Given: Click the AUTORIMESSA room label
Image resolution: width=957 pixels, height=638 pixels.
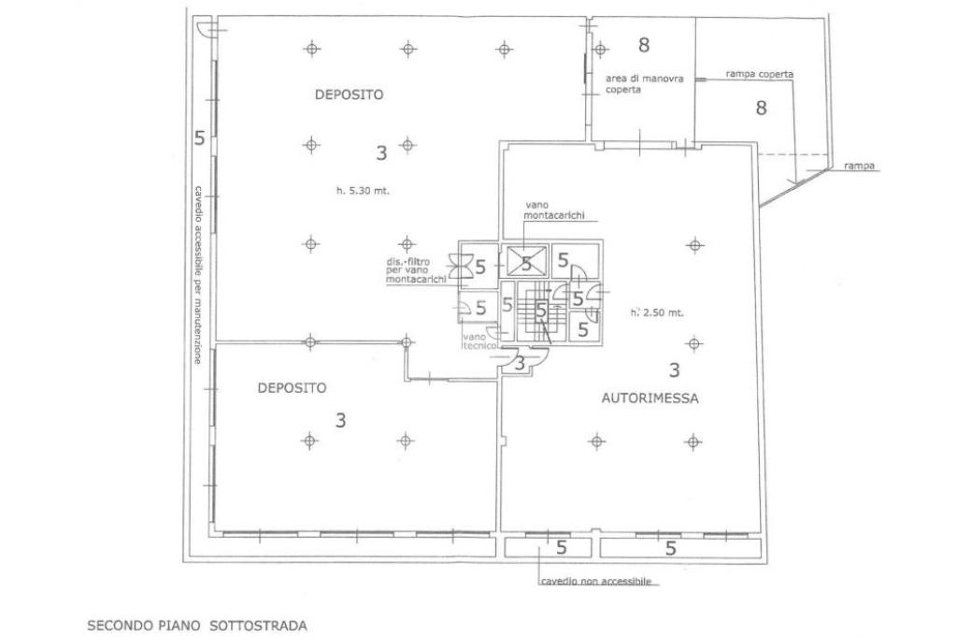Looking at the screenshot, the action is coord(650,398).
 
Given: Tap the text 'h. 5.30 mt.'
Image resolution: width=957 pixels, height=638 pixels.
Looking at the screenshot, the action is coord(363,191).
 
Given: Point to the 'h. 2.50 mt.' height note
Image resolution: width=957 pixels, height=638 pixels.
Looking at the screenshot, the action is coord(656,312).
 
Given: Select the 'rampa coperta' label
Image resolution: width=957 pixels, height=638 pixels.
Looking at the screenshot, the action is coord(760,73).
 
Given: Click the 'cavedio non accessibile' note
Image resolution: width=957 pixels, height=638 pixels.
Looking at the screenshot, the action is coord(595,581).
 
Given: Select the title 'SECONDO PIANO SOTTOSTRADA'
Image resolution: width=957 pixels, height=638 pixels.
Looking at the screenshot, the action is coord(197,623).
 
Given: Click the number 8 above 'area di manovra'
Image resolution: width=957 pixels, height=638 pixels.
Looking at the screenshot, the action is coord(643,44).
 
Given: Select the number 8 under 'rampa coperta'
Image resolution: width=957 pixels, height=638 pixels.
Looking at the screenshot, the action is coord(761,108).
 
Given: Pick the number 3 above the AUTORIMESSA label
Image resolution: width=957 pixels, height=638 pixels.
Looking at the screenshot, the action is coord(674,370).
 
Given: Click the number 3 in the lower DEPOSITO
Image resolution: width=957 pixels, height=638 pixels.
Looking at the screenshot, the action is coord(340,420).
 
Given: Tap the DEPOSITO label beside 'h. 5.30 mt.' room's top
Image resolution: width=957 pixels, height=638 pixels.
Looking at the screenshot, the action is coord(349,94).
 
